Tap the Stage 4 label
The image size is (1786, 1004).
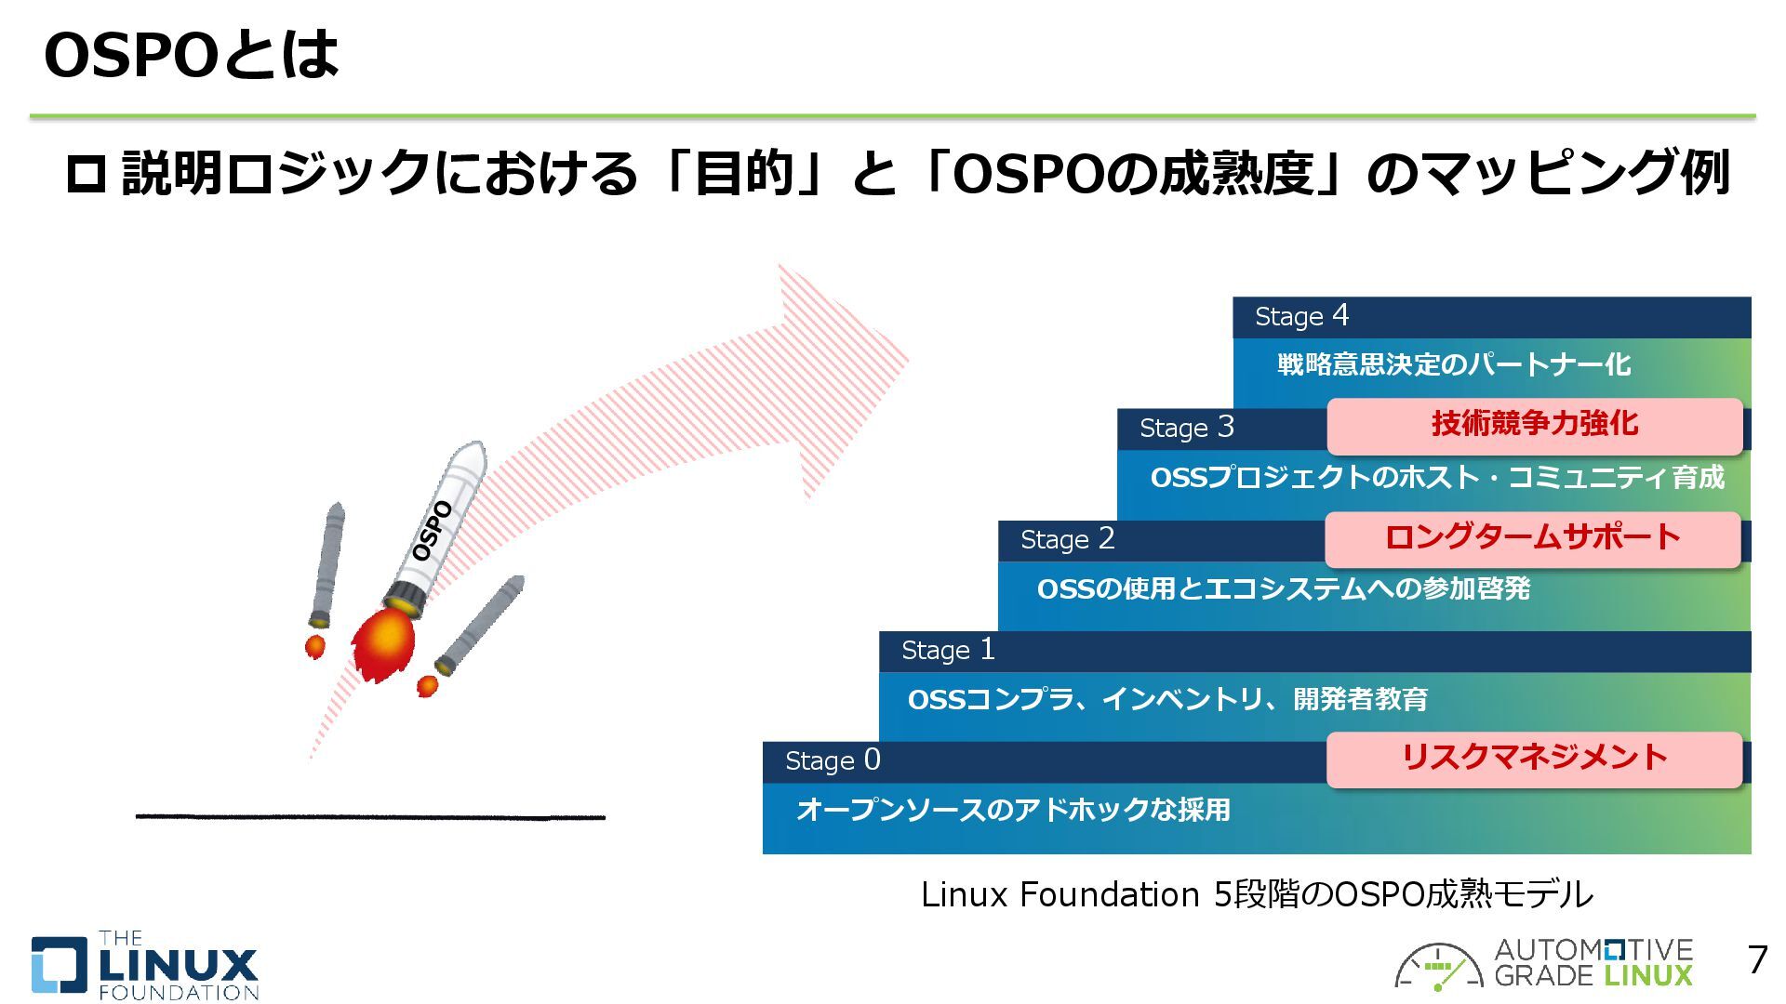click(1300, 317)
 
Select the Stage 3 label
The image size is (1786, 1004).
click(1186, 428)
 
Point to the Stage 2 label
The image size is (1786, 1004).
click(1067, 539)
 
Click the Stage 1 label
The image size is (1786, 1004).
click(947, 650)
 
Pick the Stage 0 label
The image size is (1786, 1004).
click(832, 760)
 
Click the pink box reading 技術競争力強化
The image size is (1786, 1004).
click(1534, 425)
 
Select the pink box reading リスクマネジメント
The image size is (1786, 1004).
click(1534, 759)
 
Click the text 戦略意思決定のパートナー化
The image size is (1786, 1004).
click(1453, 364)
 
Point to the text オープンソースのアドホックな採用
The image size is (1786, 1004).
click(1013, 810)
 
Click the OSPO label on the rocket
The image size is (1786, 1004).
click(433, 531)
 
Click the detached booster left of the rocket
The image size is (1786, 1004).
click(327, 566)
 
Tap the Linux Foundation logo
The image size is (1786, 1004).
click(144, 966)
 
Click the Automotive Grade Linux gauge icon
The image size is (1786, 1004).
click(1437, 968)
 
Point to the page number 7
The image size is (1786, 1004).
click(1756, 960)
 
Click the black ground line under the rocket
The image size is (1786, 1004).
click(370, 817)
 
